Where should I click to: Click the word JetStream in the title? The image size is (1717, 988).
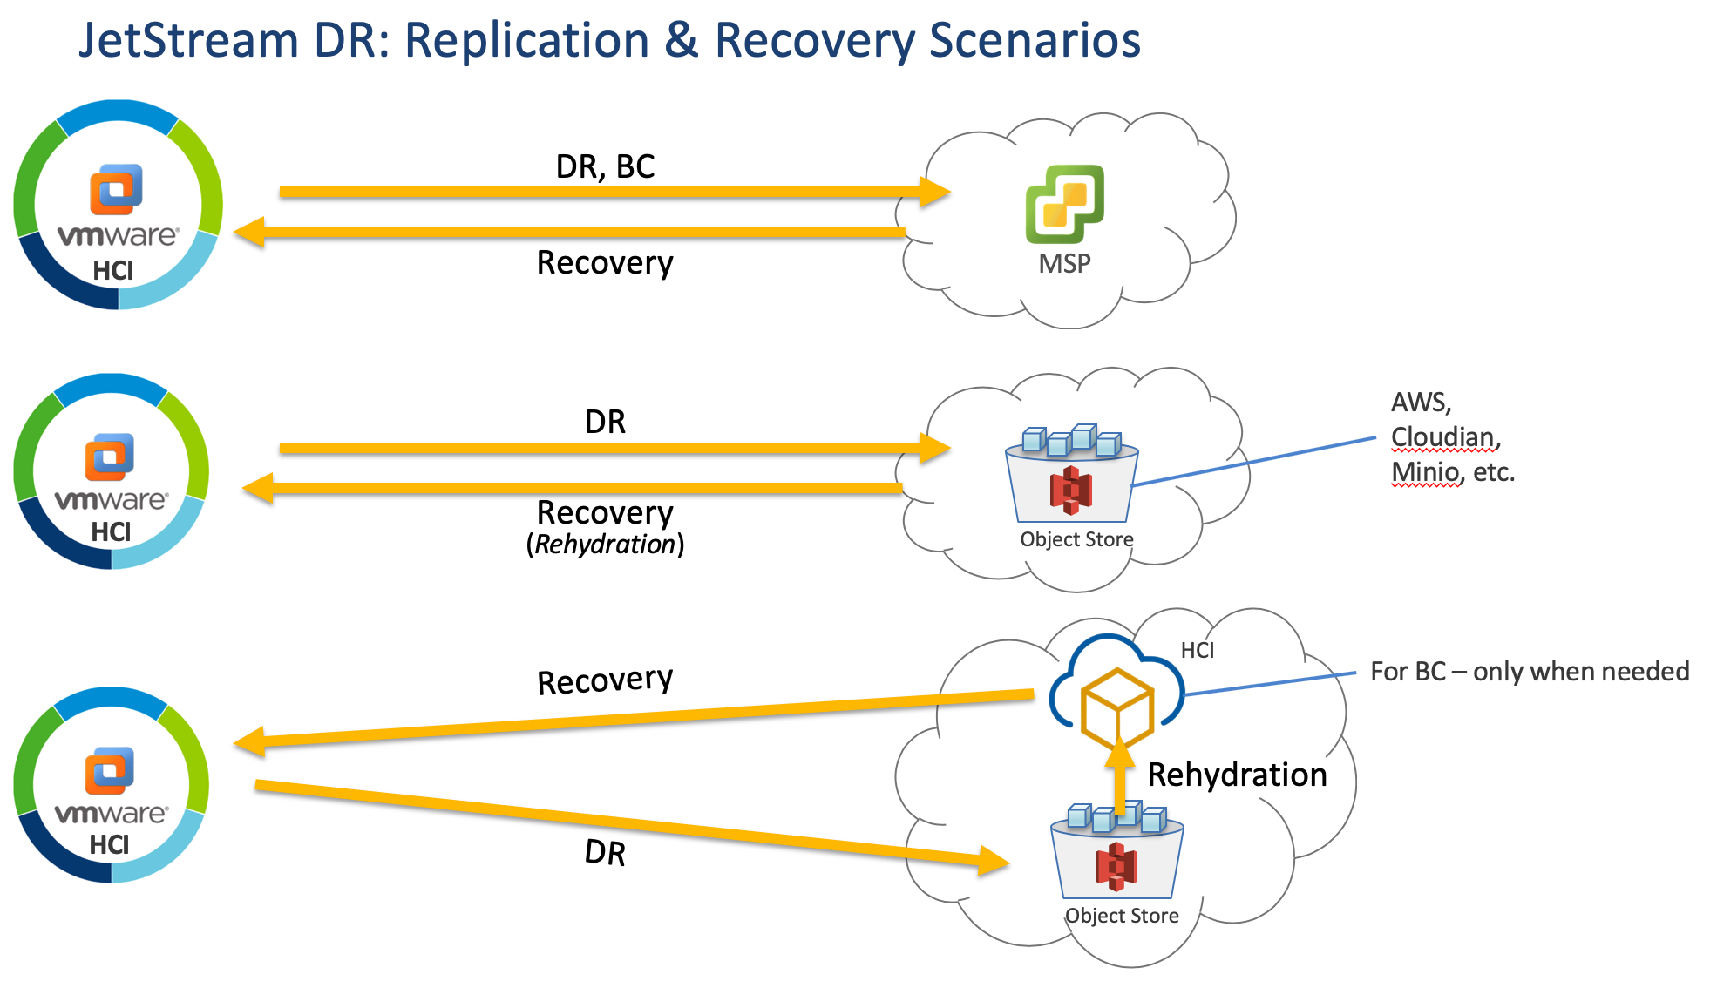tap(188, 41)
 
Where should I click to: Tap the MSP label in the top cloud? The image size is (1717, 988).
tap(1064, 263)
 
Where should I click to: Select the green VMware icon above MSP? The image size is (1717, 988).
tap(1064, 203)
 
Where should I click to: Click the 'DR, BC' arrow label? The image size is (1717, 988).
tap(605, 166)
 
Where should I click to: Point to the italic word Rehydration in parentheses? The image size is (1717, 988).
tap(605, 545)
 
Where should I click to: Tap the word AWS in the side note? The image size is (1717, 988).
tap(1419, 403)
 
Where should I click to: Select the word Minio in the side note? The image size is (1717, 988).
tap(1424, 472)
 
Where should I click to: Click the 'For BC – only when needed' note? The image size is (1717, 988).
tap(1530, 672)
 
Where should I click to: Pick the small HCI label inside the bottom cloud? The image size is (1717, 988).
tap(1197, 650)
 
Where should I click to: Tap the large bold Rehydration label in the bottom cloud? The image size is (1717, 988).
tap(1237, 775)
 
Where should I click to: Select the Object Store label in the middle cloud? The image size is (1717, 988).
tap(1076, 539)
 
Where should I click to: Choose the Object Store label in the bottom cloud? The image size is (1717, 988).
tap(1122, 916)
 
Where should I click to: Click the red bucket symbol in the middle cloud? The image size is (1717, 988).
tap(1071, 490)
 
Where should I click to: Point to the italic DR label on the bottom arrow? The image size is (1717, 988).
tap(605, 853)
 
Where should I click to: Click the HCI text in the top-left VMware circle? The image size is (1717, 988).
tap(113, 271)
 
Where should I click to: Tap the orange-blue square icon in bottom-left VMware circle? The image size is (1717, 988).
tap(110, 770)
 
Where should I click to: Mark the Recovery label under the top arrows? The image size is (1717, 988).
tap(605, 262)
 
